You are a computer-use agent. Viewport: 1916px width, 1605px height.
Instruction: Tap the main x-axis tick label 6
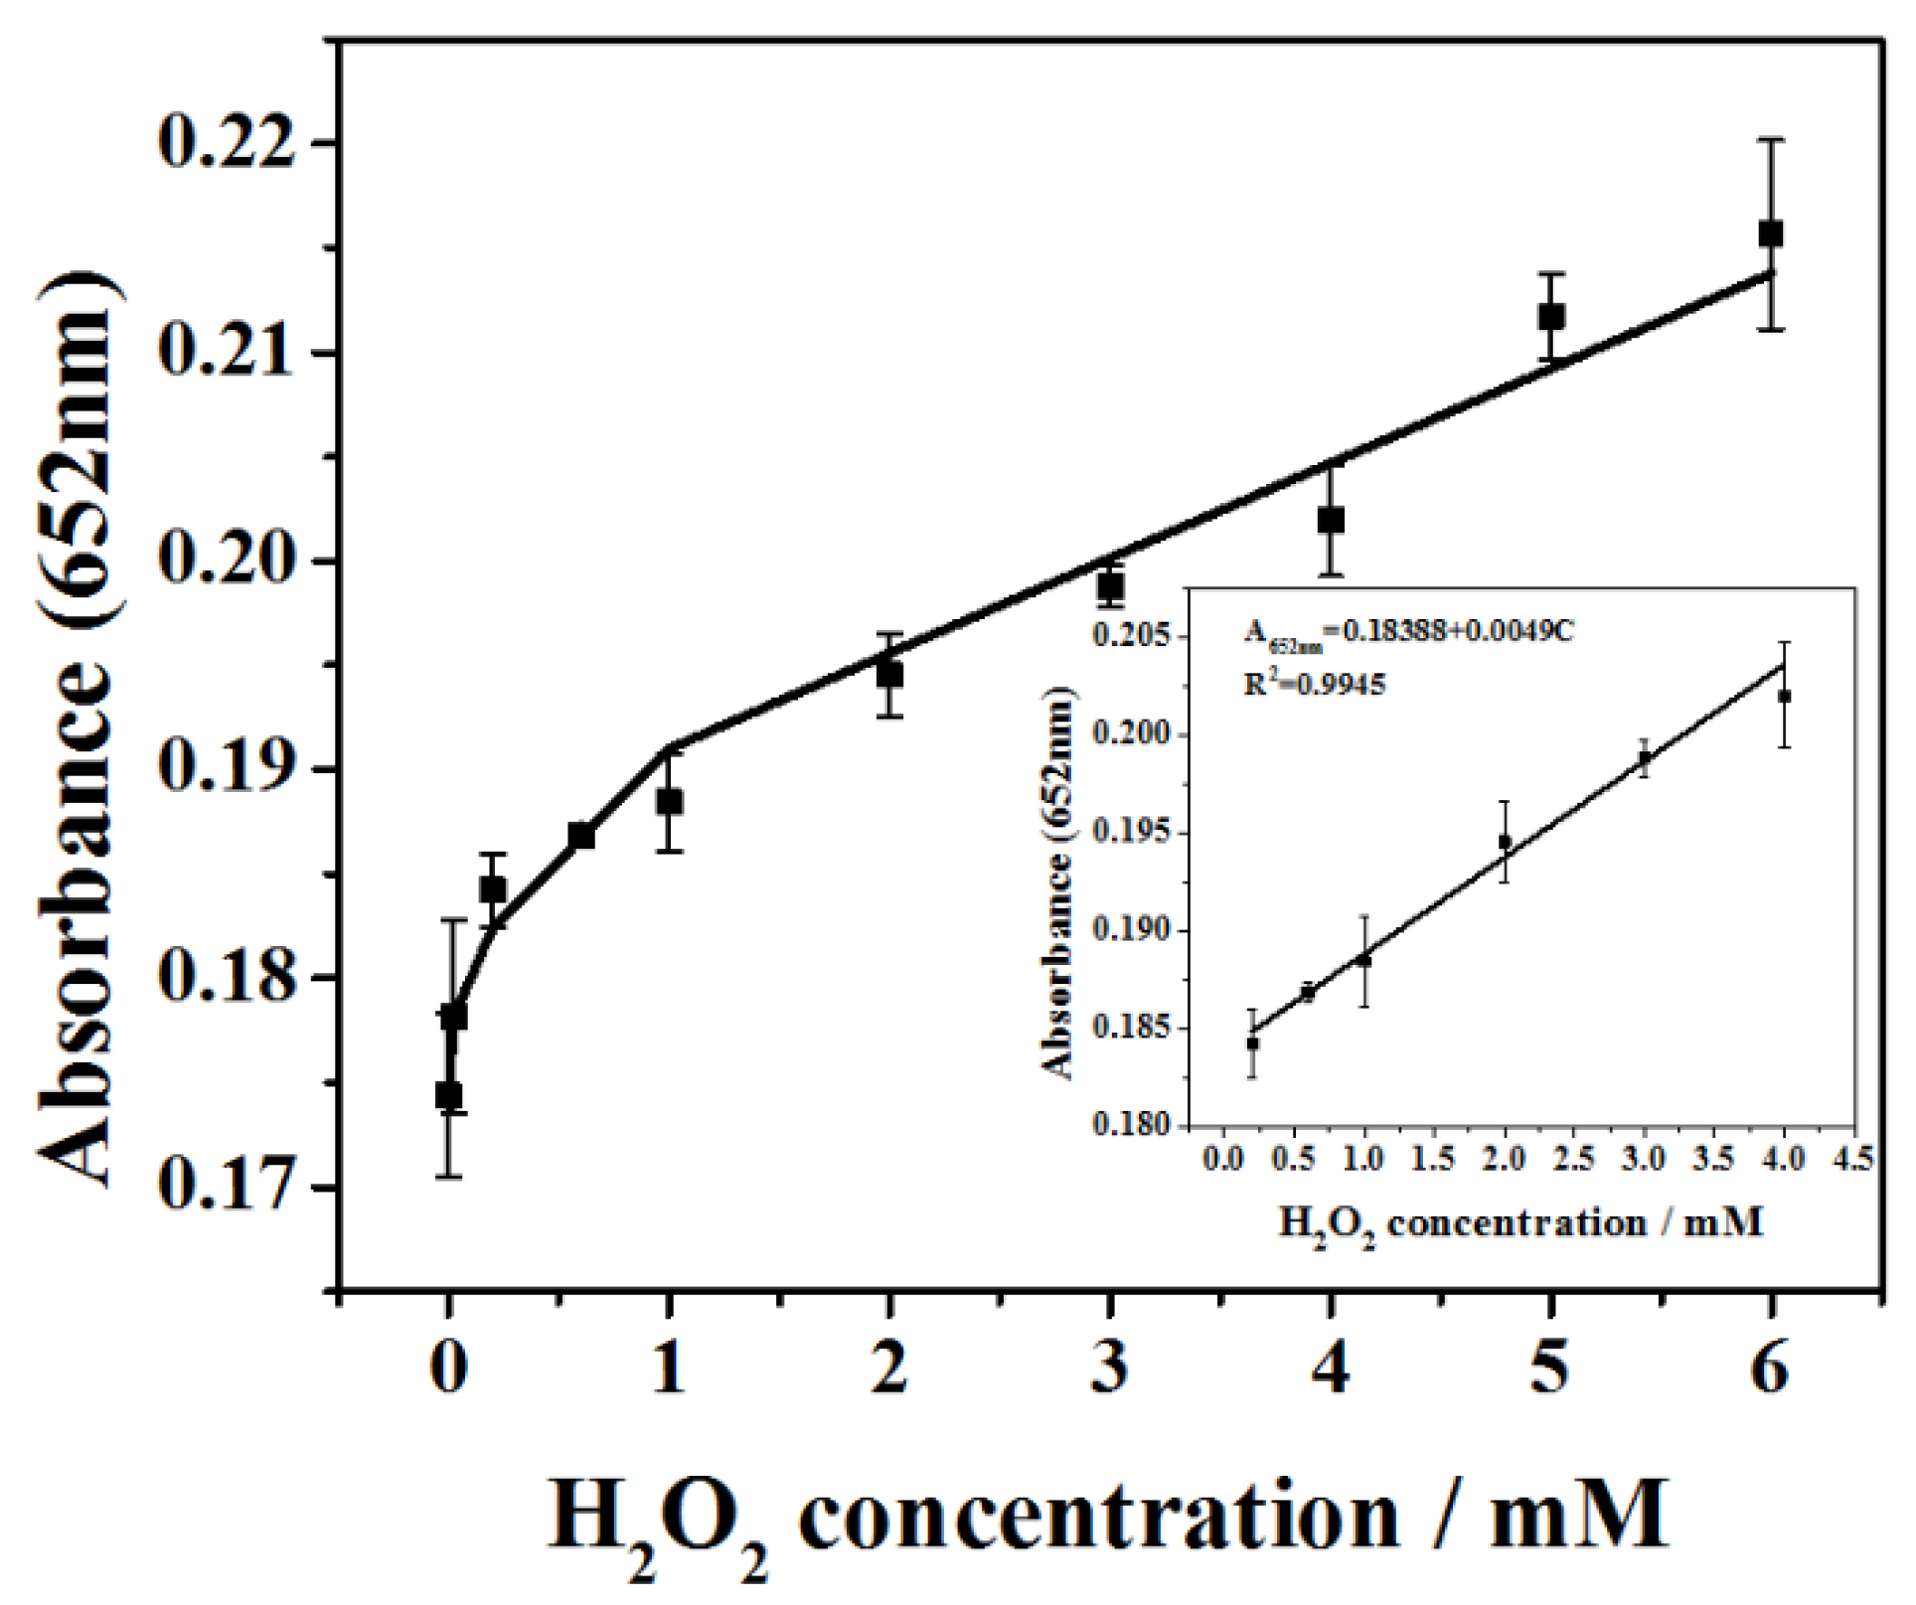tap(1770, 1369)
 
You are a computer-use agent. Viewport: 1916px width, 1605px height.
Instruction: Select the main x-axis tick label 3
tap(1110, 1369)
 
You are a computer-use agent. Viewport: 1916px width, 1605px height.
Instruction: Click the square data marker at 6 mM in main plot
tap(1770, 235)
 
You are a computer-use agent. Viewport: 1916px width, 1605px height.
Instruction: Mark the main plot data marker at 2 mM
tap(889, 676)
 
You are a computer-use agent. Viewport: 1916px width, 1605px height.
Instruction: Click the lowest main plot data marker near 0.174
tap(448, 1095)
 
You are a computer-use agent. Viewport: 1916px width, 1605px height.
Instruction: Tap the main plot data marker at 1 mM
tap(669, 802)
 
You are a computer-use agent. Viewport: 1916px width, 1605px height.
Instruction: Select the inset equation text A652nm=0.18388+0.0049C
tap(1409, 633)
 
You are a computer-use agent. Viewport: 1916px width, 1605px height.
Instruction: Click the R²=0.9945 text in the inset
tap(1315, 684)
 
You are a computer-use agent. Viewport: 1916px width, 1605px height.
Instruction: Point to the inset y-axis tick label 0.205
tap(1131, 636)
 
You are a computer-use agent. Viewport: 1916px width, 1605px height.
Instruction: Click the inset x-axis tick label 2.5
tap(1574, 1159)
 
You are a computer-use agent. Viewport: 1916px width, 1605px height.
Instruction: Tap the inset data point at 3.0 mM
tap(1645, 757)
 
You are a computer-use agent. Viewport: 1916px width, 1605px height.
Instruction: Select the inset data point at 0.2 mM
tap(1252, 1043)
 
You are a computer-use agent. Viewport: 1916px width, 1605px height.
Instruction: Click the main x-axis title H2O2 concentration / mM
tap(1108, 1518)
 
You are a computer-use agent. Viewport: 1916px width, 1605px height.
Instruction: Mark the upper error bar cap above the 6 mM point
tap(1770, 140)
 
